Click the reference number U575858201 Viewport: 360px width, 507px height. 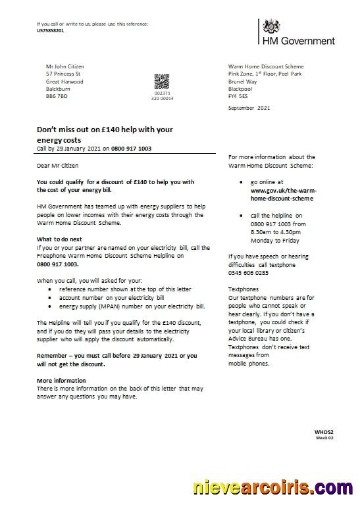(51, 31)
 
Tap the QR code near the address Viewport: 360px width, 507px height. (162, 81)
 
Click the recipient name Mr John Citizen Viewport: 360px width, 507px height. (65, 66)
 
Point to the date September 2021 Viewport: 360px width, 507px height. (249, 107)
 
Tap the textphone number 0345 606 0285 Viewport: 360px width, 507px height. (248, 272)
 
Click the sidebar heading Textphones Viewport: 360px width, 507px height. (244, 289)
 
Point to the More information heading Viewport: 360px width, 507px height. (61, 381)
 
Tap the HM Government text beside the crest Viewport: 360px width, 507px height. (299, 41)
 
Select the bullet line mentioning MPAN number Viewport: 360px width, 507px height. (132, 306)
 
